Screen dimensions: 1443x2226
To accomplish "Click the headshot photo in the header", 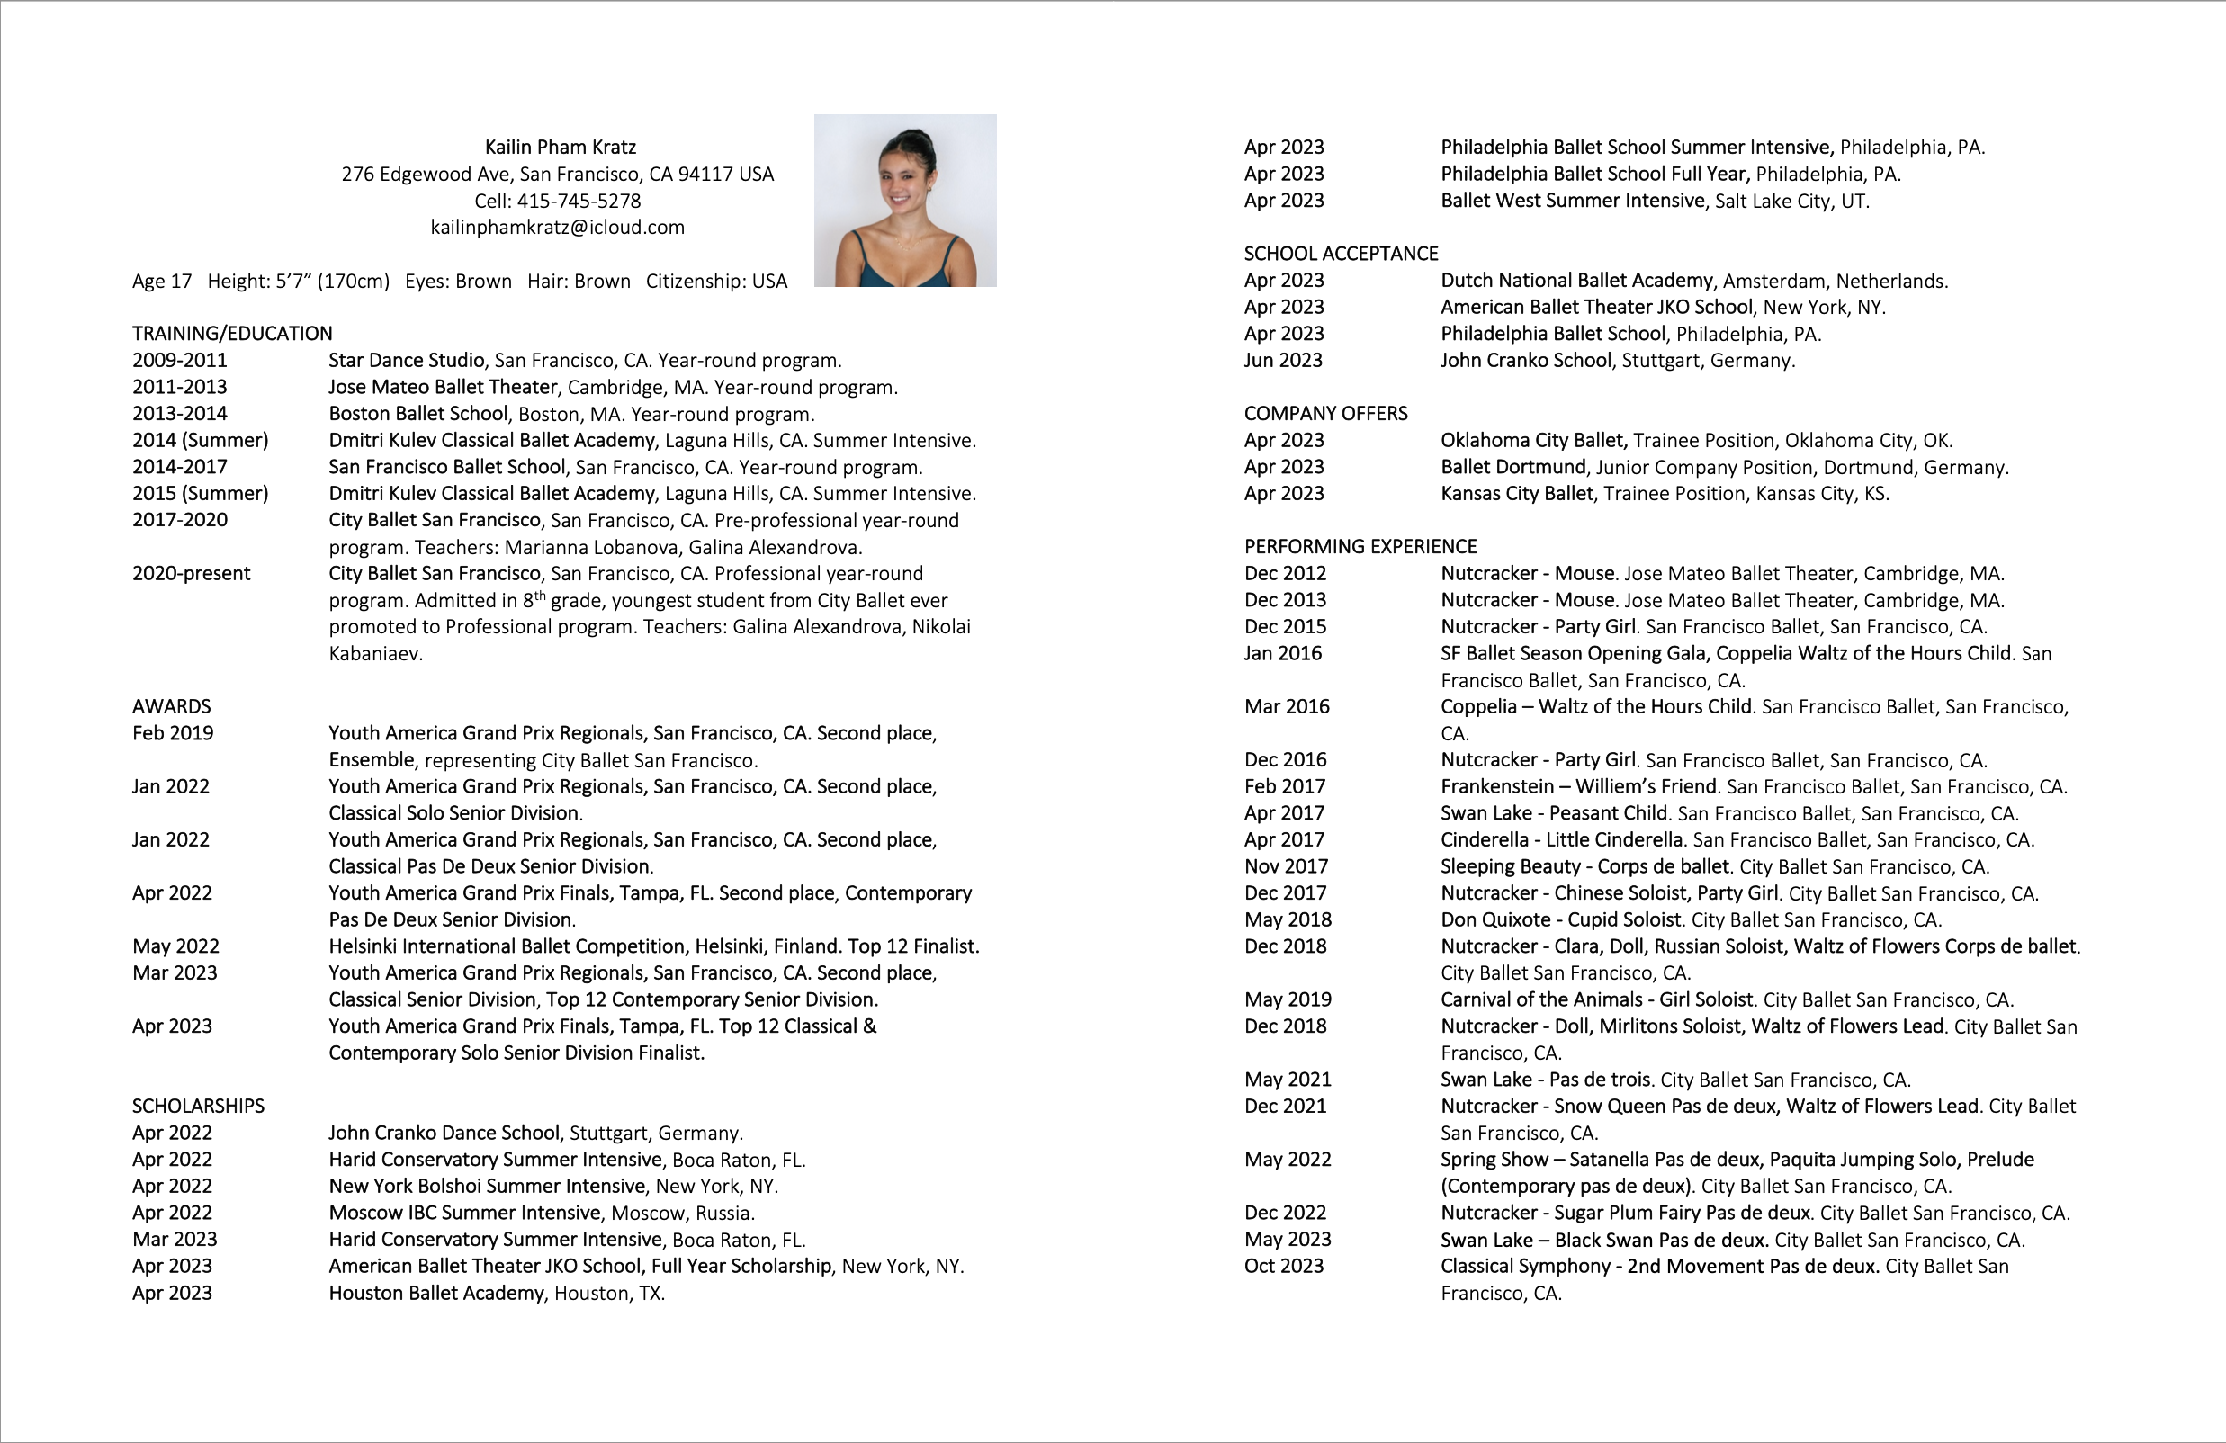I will (x=904, y=200).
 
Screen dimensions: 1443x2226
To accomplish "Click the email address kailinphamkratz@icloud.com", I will (x=558, y=228).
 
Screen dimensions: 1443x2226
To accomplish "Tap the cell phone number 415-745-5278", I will (x=579, y=201).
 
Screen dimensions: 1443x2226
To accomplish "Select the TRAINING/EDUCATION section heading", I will (x=232, y=334).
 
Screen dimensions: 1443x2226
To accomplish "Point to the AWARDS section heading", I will (x=171, y=706).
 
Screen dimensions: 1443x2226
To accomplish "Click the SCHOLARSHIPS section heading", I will (x=198, y=1106).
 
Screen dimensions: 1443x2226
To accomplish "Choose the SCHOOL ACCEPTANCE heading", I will (x=1341, y=254).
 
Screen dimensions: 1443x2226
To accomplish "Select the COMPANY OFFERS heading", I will (x=1325, y=413).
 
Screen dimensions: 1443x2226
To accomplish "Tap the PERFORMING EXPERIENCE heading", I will (x=1360, y=546).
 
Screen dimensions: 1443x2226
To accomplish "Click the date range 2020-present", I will (x=191, y=573).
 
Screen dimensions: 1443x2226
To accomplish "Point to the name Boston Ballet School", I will (x=418, y=413).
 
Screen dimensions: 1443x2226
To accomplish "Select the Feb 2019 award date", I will (x=172, y=733).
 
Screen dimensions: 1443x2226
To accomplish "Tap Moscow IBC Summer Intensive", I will (x=465, y=1213).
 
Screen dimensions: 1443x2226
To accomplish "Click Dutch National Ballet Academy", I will (x=1576, y=281).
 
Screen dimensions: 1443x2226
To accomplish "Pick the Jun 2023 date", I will (x=1282, y=360).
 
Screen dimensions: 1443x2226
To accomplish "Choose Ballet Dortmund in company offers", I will (x=1513, y=467).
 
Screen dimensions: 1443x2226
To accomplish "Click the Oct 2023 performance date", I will (x=1283, y=1267).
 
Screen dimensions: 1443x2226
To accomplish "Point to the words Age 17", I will (x=162, y=282).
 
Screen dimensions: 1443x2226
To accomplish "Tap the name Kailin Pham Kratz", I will (x=561, y=147).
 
